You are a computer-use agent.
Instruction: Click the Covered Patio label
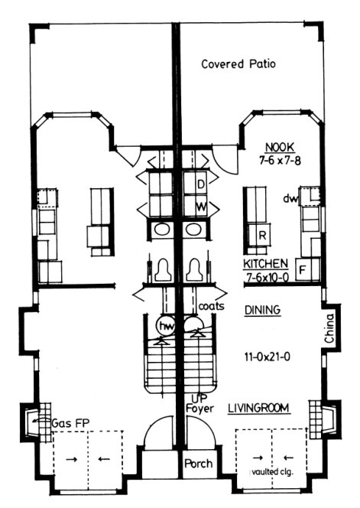click(x=238, y=64)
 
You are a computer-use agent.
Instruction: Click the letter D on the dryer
click(x=201, y=185)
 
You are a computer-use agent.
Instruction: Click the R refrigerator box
click(x=261, y=236)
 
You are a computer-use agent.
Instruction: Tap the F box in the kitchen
click(x=303, y=269)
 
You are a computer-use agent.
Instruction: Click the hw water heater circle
click(x=165, y=326)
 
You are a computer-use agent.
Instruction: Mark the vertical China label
click(x=330, y=327)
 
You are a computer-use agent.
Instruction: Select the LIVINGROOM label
click(x=258, y=410)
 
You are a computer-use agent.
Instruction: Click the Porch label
click(x=198, y=464)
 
